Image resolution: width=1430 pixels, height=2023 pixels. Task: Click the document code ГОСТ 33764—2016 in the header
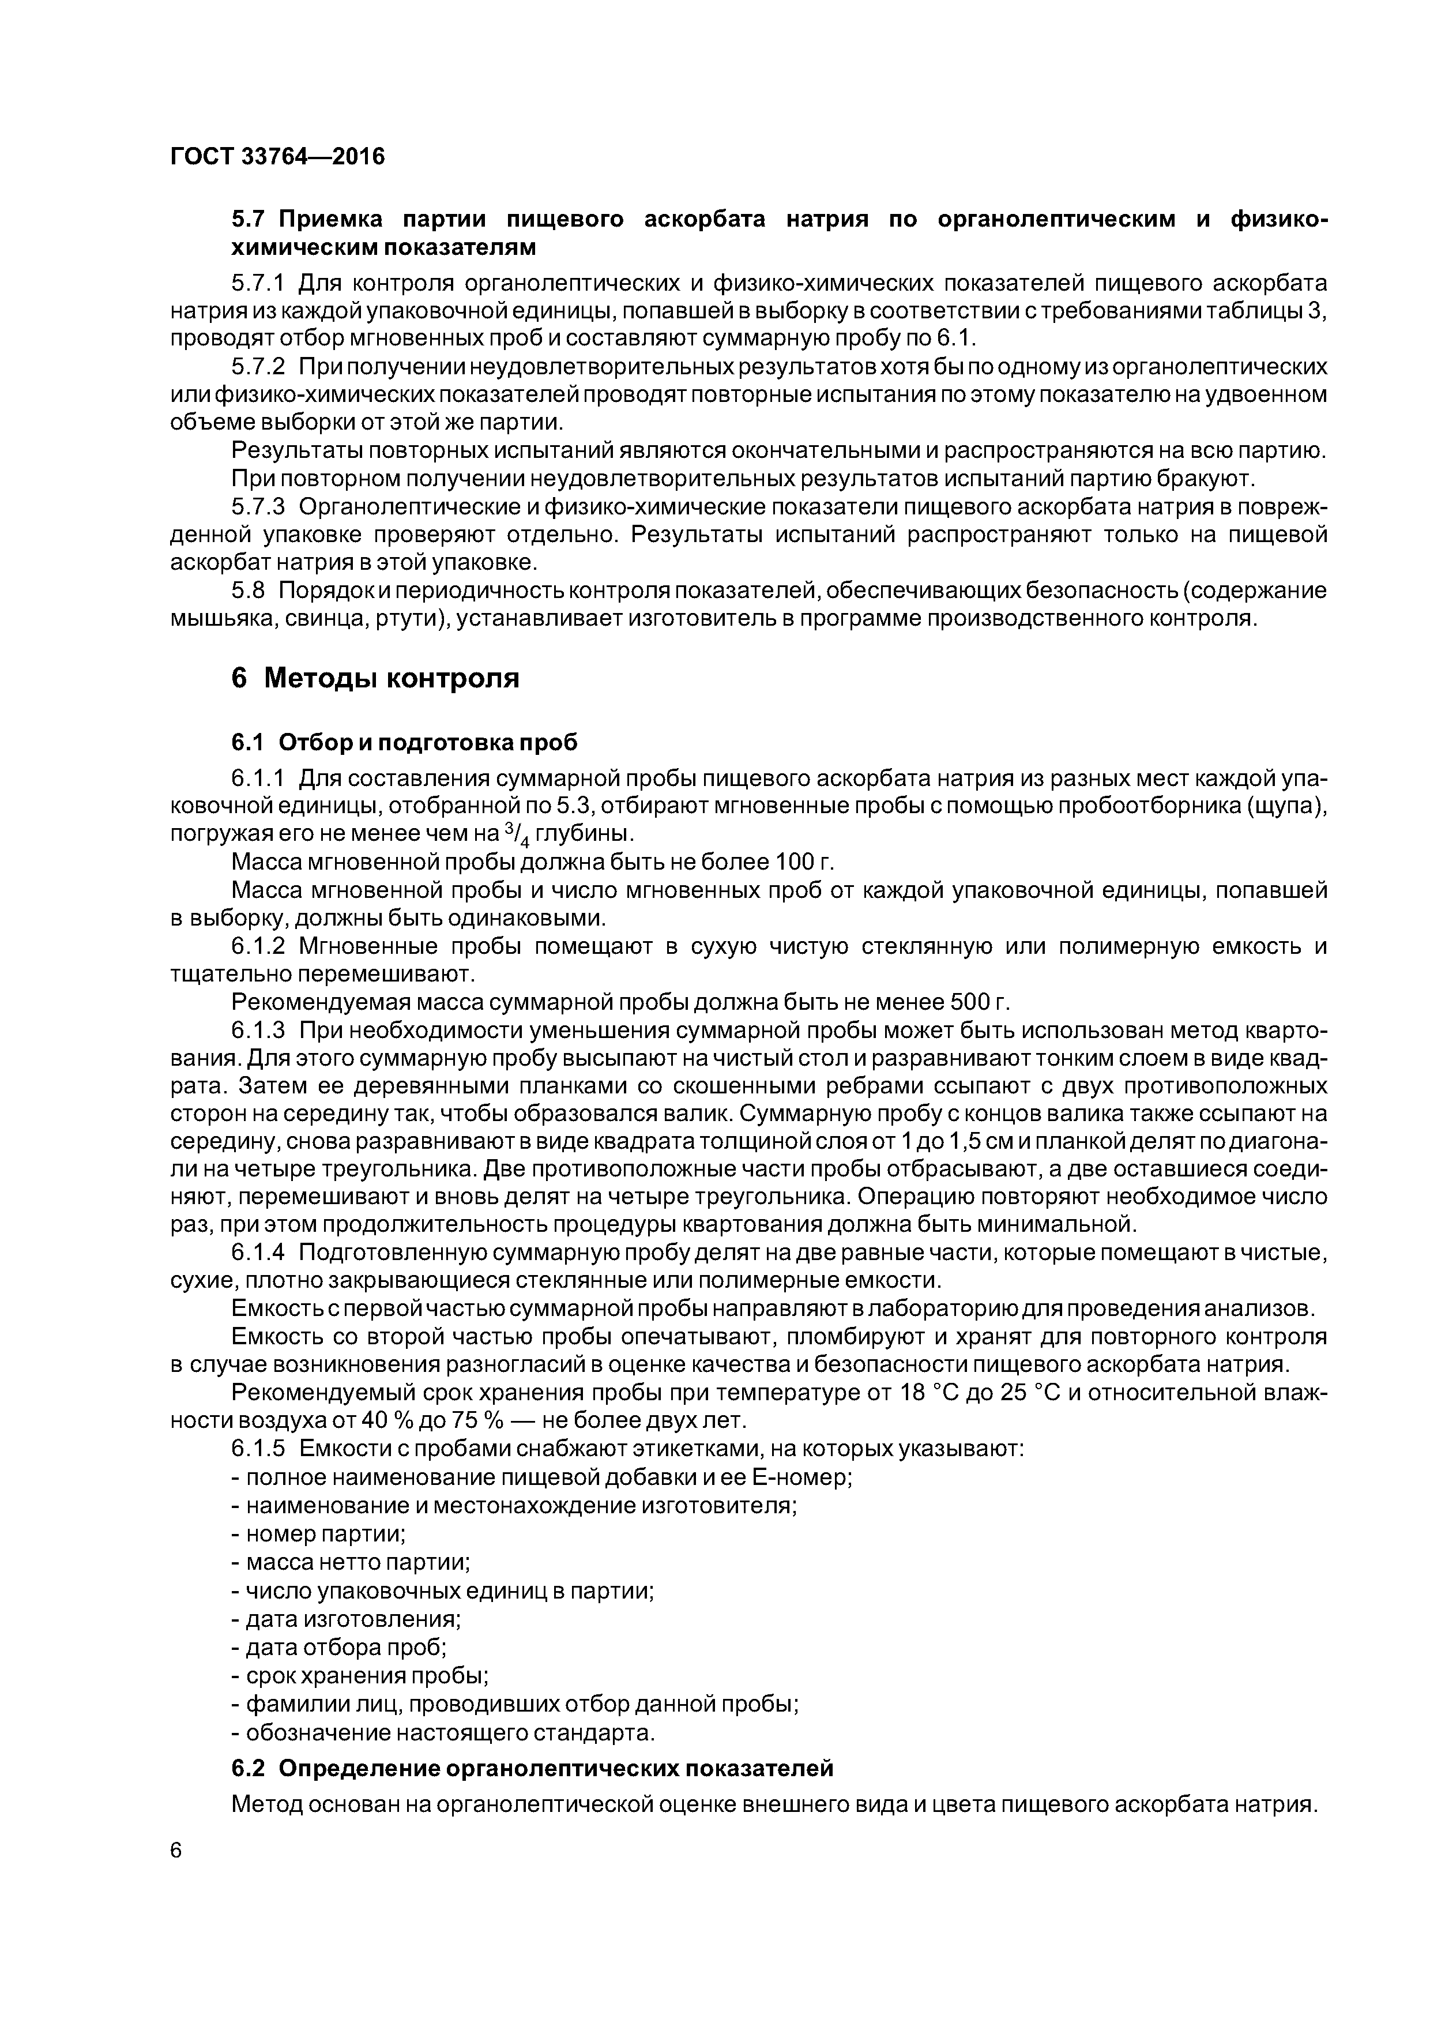click(277, 157)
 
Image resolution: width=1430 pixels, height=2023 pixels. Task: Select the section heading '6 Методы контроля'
click(375, 678)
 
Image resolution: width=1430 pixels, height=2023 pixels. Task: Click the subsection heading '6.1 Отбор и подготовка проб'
click(404, 743)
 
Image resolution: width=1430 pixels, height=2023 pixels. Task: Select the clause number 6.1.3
click(258, 1031)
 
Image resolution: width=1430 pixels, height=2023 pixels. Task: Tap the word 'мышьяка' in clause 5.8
click(222, 619)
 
